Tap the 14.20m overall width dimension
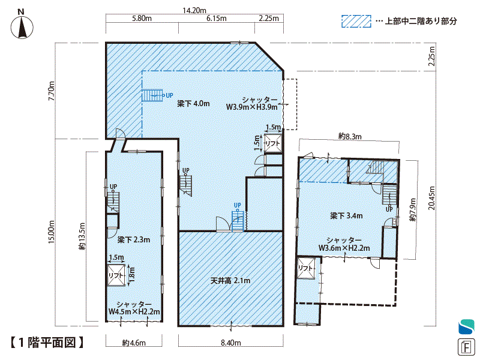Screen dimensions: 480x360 coord(194,10)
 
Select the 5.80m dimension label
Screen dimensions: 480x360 coord(142,19)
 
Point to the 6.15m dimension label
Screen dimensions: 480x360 coord(217,19)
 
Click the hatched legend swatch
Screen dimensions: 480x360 coord(356,22)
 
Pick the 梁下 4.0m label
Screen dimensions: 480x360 coord(193,104)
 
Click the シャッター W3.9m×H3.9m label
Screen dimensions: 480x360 coord(252,103)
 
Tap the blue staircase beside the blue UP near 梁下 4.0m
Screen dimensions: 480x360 coord(152,95)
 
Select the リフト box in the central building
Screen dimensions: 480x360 coord(273,143)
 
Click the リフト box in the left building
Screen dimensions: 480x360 coord(116,275)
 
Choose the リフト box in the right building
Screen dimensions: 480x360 coord(306,268)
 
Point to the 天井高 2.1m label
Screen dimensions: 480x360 coord(230,280)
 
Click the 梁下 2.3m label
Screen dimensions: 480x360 coord(134,239)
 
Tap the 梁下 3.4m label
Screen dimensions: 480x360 coord(347,216)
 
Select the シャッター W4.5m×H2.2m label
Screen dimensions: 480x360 coord(134,308)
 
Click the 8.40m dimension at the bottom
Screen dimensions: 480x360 coord(231,343)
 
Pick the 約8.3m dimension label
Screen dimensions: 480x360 coord(350,137)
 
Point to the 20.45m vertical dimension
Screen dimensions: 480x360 coord(431,198)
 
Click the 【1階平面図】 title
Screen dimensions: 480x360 coord(47,342)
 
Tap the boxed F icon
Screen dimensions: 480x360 coord(466,347)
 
